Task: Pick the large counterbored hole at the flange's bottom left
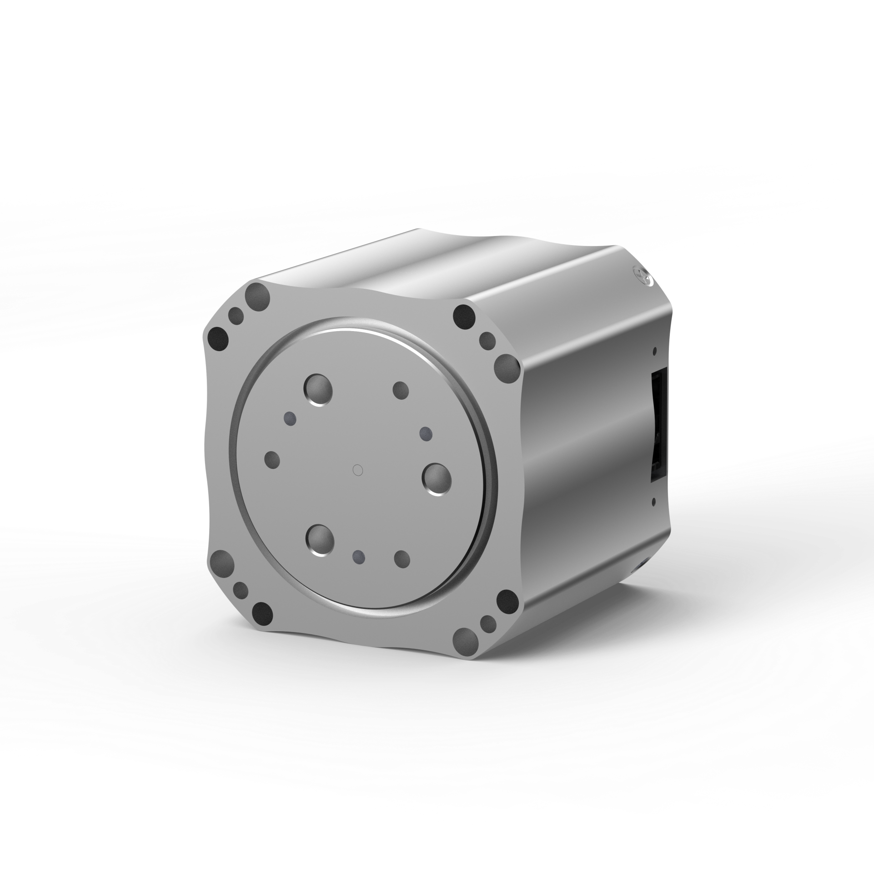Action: pyautogui.click(x=321, y=540)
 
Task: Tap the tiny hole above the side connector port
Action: pyautogui.click(x=654, y=352)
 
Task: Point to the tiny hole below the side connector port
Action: pyautogui.click(x=654, y=502)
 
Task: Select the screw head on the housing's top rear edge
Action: pyautogui.click(x=642, y=276)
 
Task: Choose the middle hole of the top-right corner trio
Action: pyautogui.click(x=488, y=339)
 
